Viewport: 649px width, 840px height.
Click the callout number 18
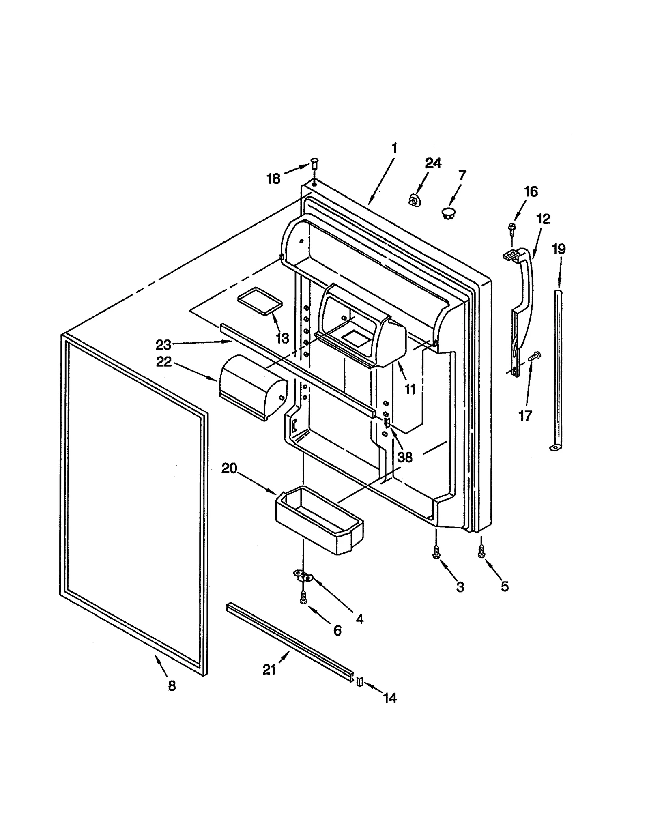tap(273, 178)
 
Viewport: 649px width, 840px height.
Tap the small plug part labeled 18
tap(314, 164)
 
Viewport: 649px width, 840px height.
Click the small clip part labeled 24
tap(414, 200)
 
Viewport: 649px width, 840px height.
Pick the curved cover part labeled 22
tap(251, 387)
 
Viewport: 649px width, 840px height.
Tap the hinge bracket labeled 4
tap(303, 576)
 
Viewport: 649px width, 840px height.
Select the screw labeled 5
tap(481, 551)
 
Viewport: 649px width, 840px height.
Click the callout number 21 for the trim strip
tap(269, 670)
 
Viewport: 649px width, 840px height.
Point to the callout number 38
tap(404, 458)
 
